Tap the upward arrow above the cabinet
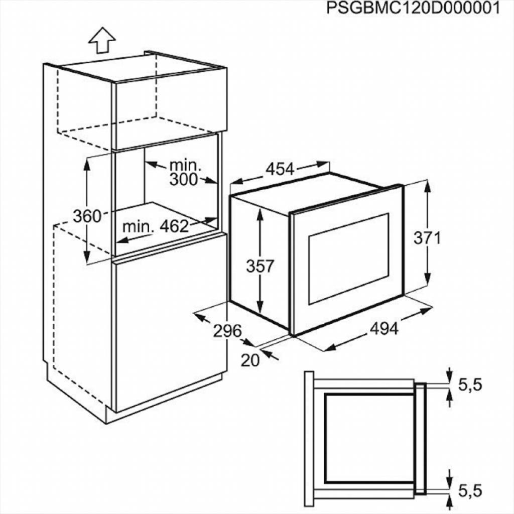pos(102,40)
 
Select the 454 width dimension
pos(280,169)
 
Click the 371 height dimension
pos(427,238)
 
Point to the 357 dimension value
pos(260,266)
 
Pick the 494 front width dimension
pos(384,329)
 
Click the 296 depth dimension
pos(227,331)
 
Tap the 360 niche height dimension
pos(87,216)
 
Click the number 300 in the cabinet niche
pos(183,179)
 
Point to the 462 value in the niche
pos(174,226)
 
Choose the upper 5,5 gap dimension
pos(470,385)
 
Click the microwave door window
pos(348,258)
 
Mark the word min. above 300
pos(185,165)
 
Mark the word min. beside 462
pos(138,226)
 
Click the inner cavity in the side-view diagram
pos(369,437)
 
